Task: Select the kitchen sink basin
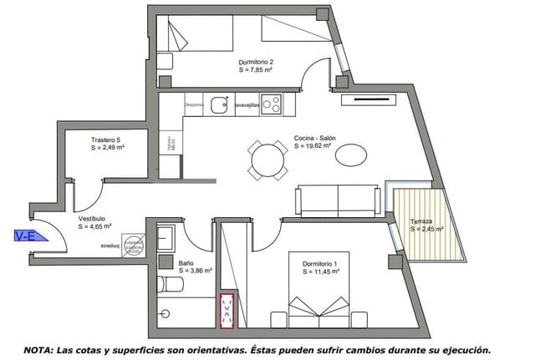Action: (220, 105)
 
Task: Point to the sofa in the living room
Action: (337, 200)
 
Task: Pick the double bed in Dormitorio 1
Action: (321, 309)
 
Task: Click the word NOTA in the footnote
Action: (39, 351)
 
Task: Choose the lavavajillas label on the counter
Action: (246, 106)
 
